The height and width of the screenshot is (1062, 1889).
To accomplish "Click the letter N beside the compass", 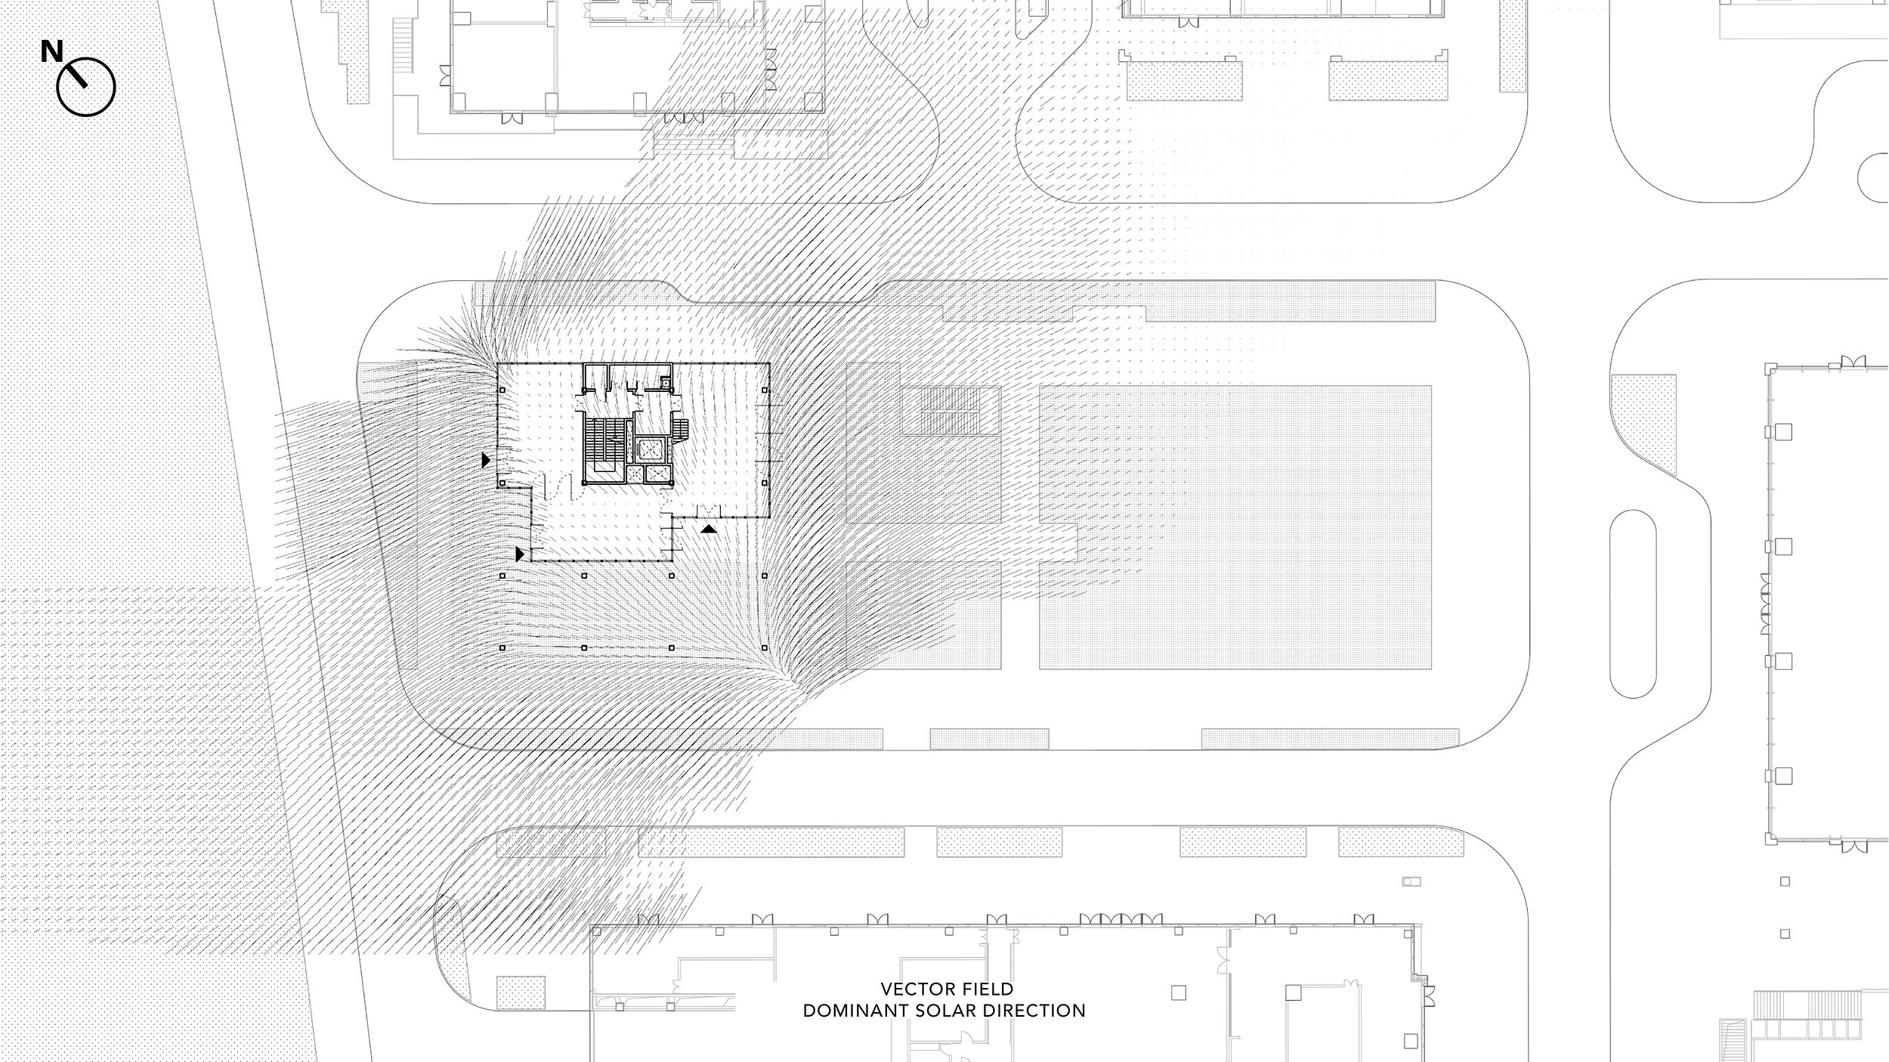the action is coord(52,51).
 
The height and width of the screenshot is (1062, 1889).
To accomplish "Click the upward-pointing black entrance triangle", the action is coord(708,529).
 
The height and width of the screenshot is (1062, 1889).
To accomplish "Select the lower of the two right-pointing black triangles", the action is coord(520,554).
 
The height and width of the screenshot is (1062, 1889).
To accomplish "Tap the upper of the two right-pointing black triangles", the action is coord(487,459).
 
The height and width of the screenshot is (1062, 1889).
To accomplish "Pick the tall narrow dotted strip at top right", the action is coord(1513,46).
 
